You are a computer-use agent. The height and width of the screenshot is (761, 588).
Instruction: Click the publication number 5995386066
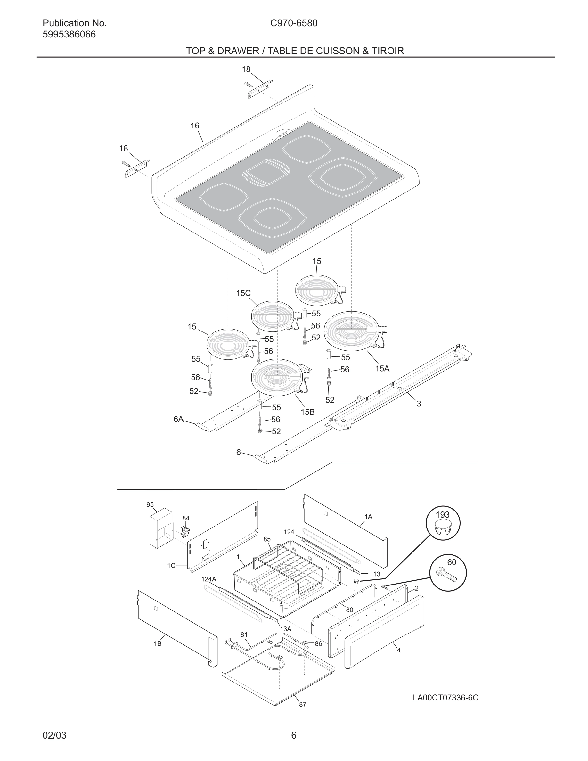coord(69,35)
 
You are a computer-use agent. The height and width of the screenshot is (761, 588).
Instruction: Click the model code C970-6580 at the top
coord(294,23)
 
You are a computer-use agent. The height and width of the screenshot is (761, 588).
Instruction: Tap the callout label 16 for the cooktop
coord(195,126)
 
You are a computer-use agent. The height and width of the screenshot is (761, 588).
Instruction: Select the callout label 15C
coord(243,293)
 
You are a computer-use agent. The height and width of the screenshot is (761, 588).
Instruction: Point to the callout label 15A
coord(382,368)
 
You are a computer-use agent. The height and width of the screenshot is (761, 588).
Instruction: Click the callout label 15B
coord(307,412)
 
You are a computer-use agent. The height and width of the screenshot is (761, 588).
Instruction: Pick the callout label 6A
coord(178,419)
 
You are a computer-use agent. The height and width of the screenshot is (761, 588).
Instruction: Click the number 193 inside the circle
coord(443,515)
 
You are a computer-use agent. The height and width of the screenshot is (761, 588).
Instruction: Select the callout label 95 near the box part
coord(150,504)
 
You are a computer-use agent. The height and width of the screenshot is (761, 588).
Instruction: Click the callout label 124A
coord(209,579)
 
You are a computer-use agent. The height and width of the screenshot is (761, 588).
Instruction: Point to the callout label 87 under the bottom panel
coord(303,704)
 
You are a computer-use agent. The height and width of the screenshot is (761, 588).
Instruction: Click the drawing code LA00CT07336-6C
coord(445,698)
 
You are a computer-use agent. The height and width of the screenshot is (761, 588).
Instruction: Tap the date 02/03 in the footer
coord(54,735)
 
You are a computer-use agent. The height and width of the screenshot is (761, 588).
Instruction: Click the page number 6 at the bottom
coord(294,735)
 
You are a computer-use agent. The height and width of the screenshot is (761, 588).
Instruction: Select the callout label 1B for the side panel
coord(158,643)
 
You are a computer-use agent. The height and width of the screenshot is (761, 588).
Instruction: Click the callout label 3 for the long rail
coord(419,404)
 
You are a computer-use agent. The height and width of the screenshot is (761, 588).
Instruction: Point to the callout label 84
coord(186,518)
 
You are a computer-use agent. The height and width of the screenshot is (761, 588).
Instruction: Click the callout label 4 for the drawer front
coord(398,650)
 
